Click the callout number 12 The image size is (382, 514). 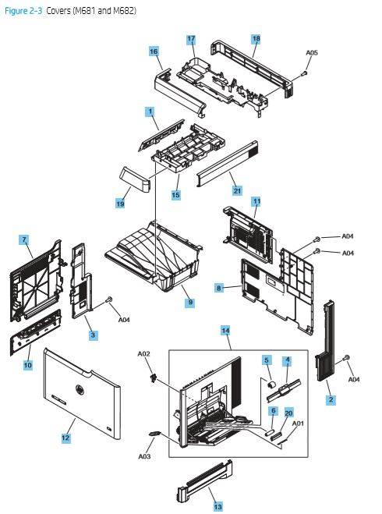tap(66, 439)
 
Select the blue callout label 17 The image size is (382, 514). tap(191, 39)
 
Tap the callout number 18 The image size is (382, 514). tap(256, 38)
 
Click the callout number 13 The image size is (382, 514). tap(218, 506)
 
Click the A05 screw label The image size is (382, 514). tap(311, 53)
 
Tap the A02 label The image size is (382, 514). tap(143, 353)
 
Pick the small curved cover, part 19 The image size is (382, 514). tap(133, 181)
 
